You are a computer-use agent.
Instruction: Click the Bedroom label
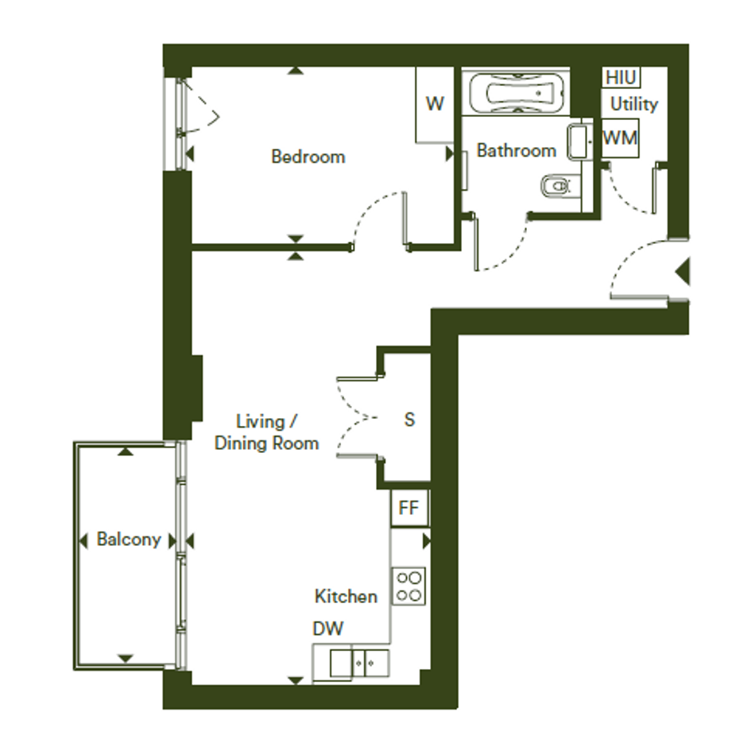308,157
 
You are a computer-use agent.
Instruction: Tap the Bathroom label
517,150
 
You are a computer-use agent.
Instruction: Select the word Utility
634,104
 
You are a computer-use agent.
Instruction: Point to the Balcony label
129,540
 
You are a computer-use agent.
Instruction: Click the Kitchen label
346,596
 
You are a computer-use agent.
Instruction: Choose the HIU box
621,77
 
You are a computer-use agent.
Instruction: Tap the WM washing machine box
620,138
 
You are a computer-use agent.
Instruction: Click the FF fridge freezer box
409,508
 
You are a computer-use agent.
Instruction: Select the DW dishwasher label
328,629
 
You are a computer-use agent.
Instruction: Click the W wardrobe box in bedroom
435,104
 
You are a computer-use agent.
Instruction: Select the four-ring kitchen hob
408,586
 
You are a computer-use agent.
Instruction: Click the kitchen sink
359,663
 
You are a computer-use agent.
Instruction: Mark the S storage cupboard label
409,420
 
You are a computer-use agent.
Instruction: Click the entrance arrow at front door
683,272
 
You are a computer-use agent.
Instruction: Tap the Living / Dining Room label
267,432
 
